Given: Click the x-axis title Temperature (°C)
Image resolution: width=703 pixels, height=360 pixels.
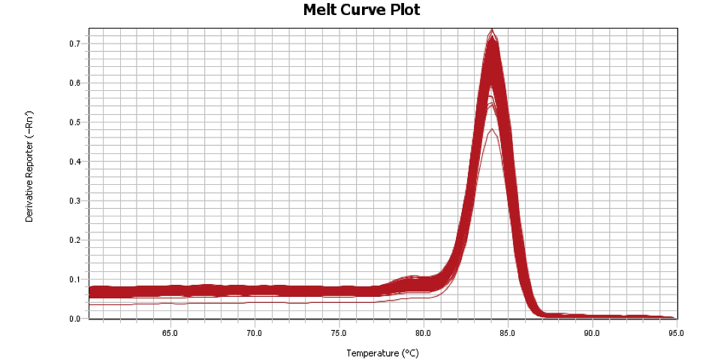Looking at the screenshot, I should tap(382, 352).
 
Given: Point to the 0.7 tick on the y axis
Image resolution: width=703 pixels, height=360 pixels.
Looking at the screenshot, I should tap(75, 44).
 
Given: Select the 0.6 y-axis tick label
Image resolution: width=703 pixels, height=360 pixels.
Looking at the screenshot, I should tap(75, 83).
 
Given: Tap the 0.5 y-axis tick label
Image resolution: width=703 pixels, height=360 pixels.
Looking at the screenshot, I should tap(75, 122).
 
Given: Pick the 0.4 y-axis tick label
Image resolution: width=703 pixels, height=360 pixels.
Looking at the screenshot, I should tap(75, 162).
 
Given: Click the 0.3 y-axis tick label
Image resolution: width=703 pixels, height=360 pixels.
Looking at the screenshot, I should tap(75, 201).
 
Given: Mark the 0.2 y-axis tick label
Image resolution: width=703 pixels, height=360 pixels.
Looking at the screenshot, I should tap(75, 240).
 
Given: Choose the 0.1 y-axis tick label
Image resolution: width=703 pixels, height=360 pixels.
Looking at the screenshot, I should tap(75, 280).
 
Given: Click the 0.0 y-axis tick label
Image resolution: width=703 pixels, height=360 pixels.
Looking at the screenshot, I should tap(75, 319).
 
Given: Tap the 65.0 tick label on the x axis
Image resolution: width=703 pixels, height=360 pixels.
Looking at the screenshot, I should tap(170, 332).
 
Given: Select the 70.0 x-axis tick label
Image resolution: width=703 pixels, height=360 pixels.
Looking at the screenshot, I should tap(255, 332).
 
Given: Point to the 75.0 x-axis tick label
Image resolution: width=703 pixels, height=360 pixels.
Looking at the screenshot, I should tap(339, 332).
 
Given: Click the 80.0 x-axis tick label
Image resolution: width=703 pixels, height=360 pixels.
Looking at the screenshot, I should tap(424, 332).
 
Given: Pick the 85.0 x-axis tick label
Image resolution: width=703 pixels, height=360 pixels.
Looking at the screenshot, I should tap(508, 332).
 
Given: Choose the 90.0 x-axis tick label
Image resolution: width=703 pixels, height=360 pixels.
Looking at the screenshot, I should tap(592, 332).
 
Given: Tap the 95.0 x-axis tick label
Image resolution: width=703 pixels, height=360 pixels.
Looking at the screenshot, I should tap(675, 332).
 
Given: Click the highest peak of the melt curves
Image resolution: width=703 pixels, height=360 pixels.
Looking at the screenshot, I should tap(492, 30).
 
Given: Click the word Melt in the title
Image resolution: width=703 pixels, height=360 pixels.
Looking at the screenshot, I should tap(321, 10).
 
